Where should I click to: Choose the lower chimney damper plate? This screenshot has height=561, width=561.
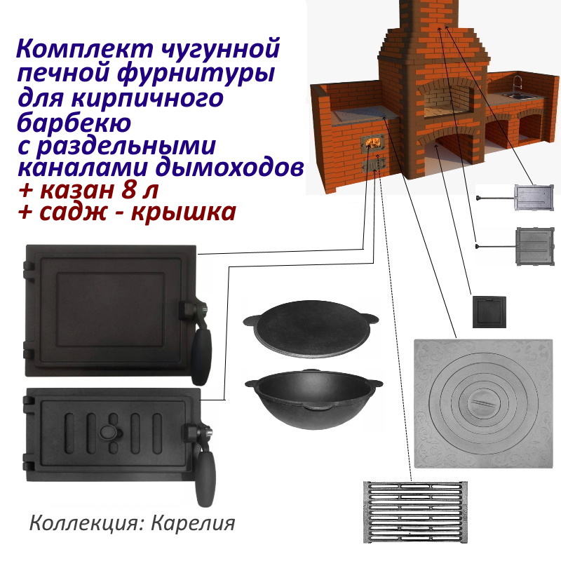536,245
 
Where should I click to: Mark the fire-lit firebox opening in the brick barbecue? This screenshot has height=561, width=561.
372,144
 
